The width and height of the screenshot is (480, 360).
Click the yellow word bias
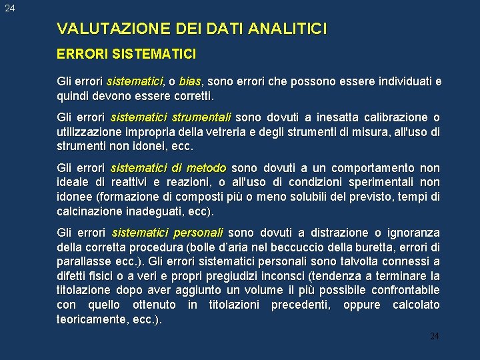click(190, 82)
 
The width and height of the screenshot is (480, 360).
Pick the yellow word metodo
click(206, 168)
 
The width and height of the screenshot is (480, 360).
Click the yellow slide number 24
click(434, 337)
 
